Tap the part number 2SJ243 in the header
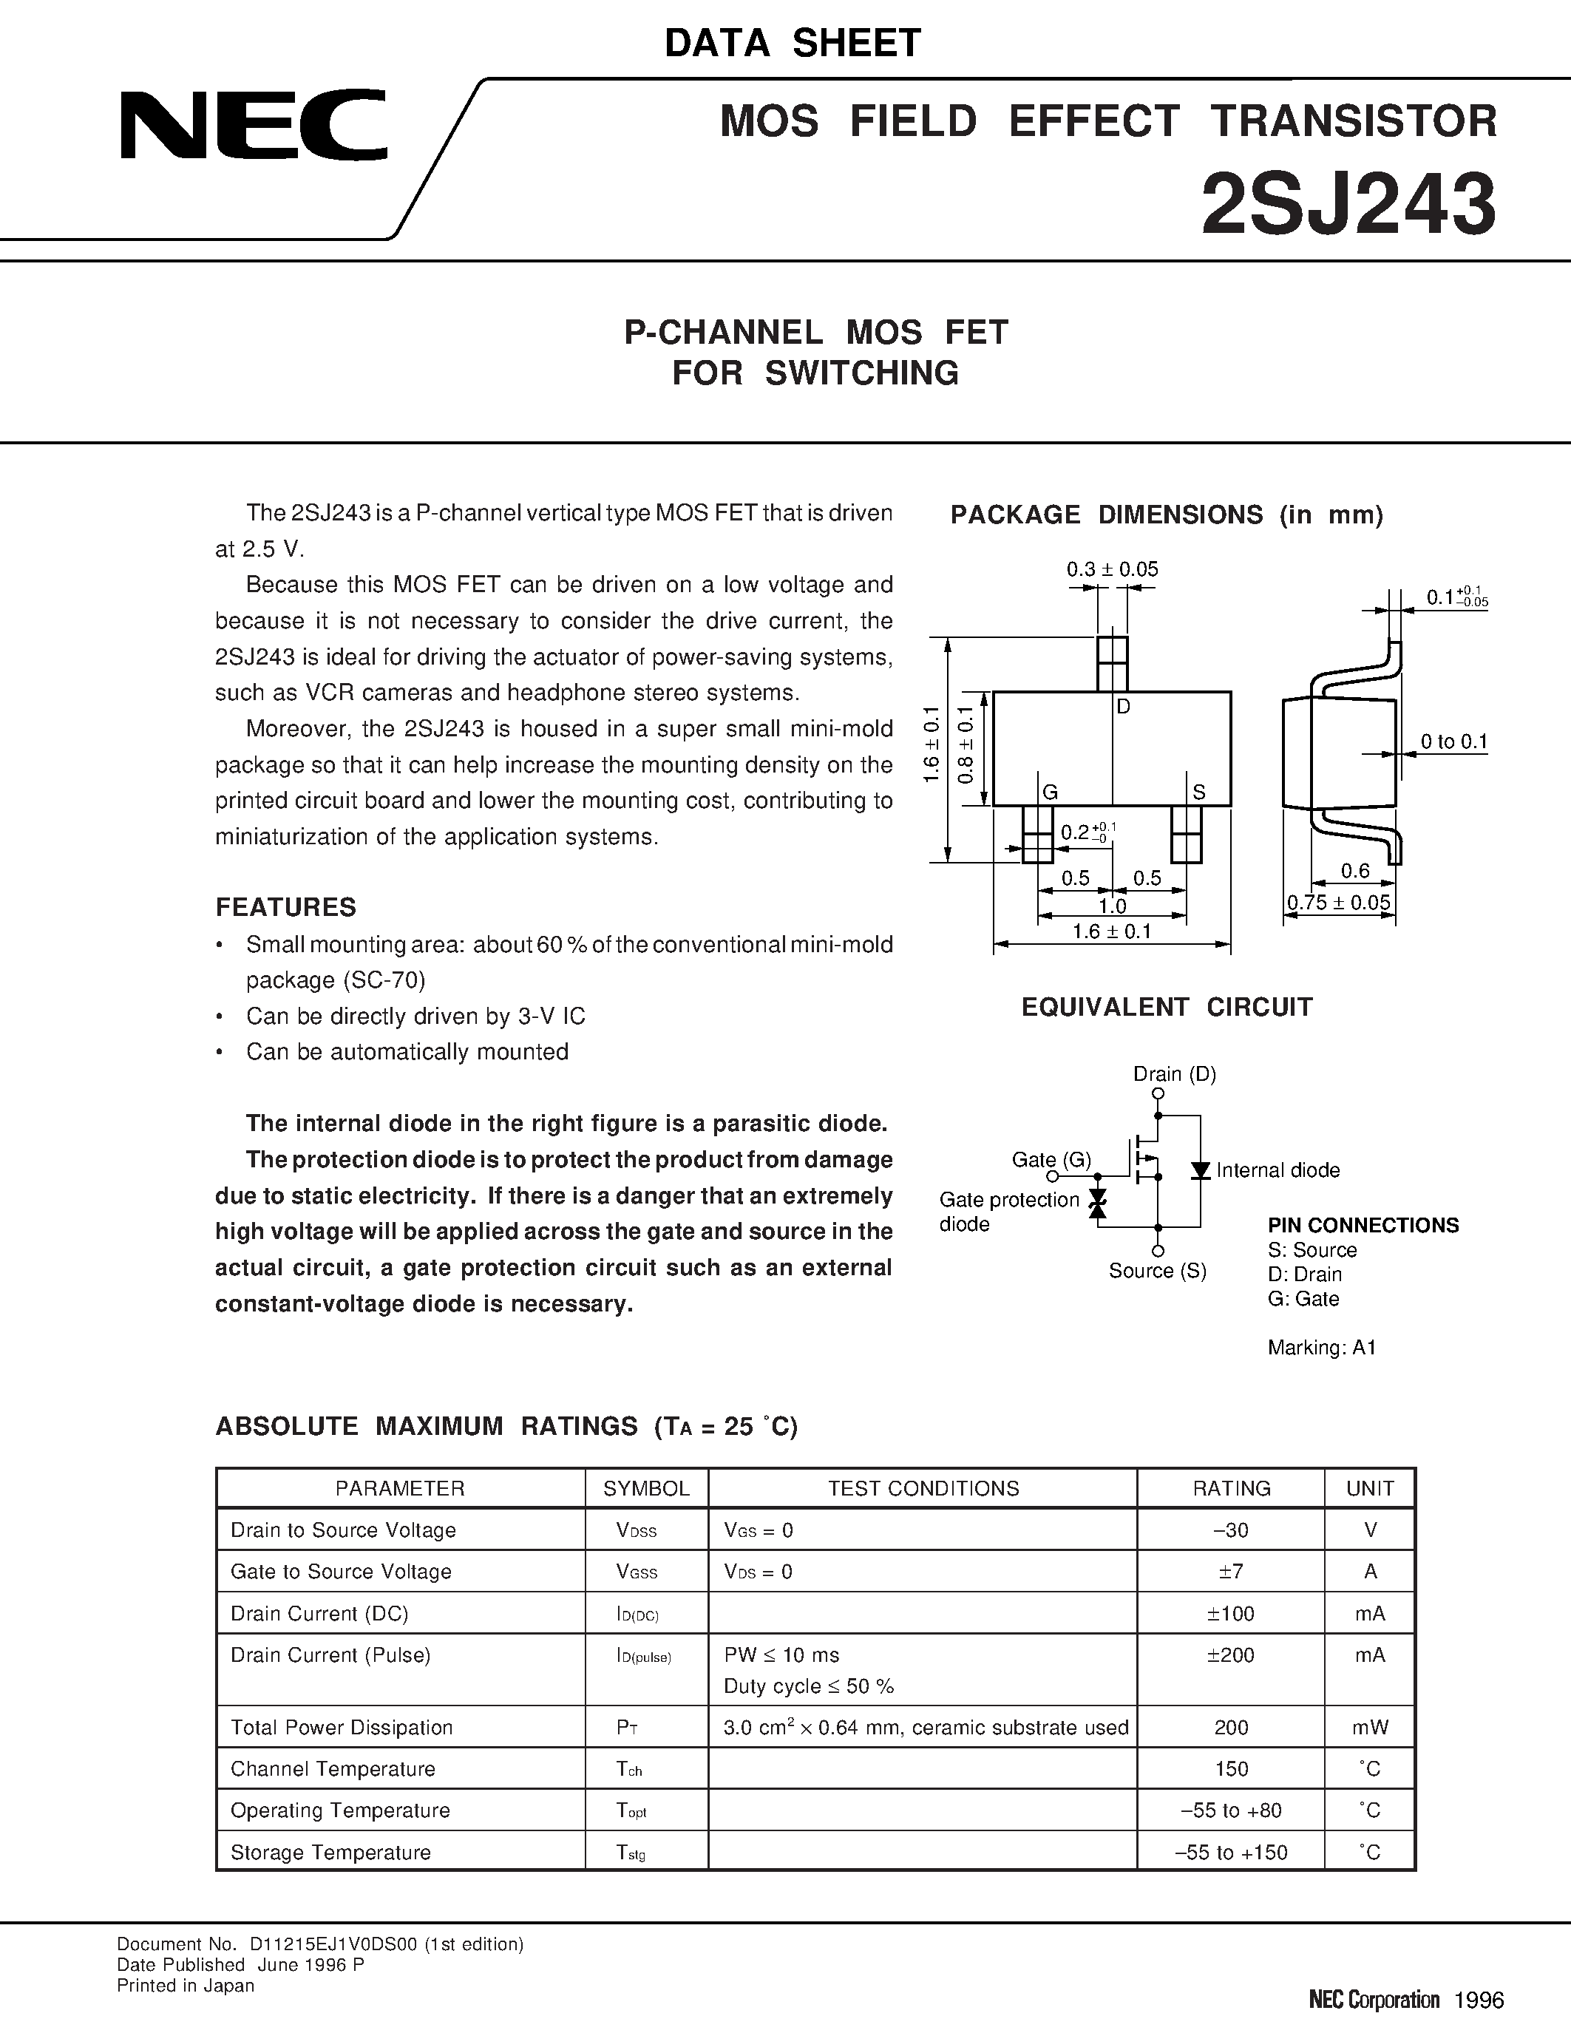click(1348, 205)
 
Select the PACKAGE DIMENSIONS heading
click(1166, 515)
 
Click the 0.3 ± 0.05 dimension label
click(1112, 569)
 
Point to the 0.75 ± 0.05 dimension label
click(1338, 902)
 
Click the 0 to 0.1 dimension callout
click(1453, 742)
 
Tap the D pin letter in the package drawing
click(1123, 707)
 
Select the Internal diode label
click(1278, 1170)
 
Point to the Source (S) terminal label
click(1157, 1271)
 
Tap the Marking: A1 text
click(1322, 1347)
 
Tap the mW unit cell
click(1370, 1728)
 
